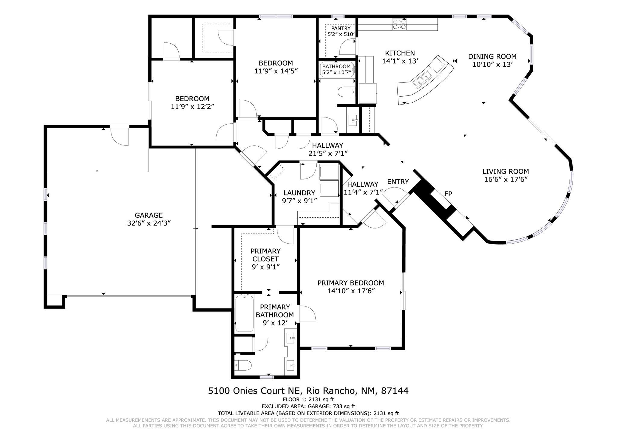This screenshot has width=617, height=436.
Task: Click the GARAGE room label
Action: pyautogui.click(x=149, y=215)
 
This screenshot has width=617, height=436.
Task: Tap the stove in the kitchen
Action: pyautogui.click(x=399, y=24)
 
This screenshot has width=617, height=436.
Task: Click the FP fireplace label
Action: pyautogui.click(x=448, y=194)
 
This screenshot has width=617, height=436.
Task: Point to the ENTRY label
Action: pyautogui.click(x=398, y=182)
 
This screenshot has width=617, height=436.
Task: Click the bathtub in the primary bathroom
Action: pyautogui.click(x=244, y=313)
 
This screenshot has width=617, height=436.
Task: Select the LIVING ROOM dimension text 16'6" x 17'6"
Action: pyautogui.click(x=506, y=179)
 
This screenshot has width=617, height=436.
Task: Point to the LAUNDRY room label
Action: pyautogui.click(x=299, y=193)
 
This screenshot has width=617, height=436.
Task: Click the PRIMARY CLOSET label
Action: pyautogui.click(x=265, y=255)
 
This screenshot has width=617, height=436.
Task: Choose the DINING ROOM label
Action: pyautogui.click(x=492, y=56)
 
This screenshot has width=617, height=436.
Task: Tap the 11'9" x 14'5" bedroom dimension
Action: pyautogui.click(x=276, y=71)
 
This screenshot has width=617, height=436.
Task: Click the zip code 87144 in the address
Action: pyautogui.click(x=395, y=391)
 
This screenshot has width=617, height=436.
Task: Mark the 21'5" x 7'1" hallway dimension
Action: pyautogui.click(x=328, y=153)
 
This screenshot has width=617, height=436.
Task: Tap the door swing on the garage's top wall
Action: pyautogui.click(x=120, y=136)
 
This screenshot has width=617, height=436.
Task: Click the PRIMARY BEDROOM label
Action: pyautogui.click(x=351, y=283)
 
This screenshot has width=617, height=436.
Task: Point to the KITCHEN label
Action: pyautogui.click(x=400, y=53)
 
